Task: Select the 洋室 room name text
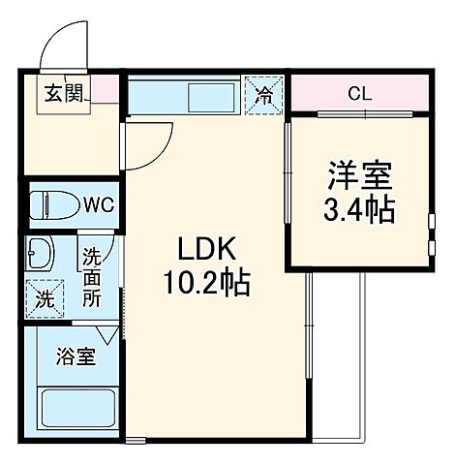(358, 177)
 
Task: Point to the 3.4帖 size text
(358, 209)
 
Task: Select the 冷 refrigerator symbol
(264, 95)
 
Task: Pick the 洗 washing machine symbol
(45, 297)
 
